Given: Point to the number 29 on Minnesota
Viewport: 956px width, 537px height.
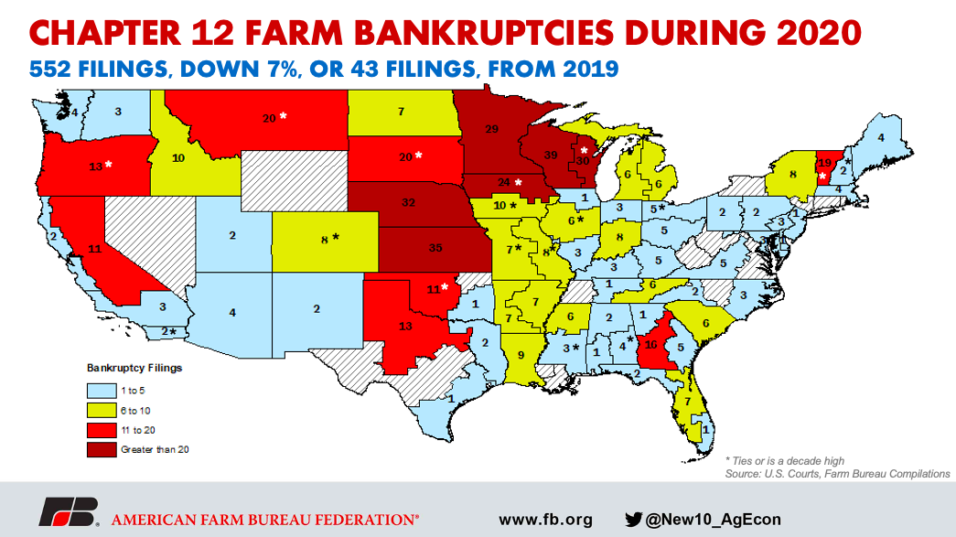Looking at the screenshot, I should [490, 129].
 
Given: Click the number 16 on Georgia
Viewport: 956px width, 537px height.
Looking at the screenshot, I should [652, 345].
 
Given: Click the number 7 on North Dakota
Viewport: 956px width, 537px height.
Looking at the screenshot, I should [401, 112].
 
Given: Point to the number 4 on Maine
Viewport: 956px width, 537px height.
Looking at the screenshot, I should [881, 137].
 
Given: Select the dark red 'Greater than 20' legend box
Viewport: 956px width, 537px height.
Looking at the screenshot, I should [102, 449].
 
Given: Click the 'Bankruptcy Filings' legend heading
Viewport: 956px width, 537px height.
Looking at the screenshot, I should [134, 368].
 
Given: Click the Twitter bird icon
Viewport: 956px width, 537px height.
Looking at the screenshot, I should [633, 519].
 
